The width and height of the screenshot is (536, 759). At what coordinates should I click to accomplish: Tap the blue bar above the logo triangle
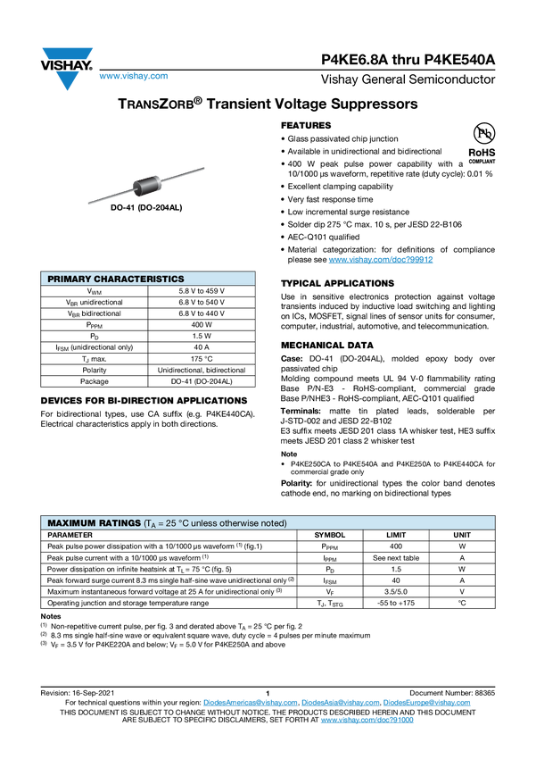coord(67,54)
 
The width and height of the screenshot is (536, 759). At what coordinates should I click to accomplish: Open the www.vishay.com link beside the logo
coord(133,77)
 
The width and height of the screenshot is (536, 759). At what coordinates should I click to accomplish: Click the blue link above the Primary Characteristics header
coord(381,260)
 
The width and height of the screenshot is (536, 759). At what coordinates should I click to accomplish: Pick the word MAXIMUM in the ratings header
coord(71,522)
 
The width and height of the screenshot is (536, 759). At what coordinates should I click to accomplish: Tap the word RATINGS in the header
coord(120,522)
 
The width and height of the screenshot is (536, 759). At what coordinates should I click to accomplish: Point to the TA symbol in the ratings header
coord(152,523)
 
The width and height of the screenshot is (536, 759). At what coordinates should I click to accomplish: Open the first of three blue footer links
coord(250,703)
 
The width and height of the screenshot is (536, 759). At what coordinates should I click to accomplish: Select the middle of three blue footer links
coord(339,703)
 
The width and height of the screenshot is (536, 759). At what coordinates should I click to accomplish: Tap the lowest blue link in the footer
coord(367,719)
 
